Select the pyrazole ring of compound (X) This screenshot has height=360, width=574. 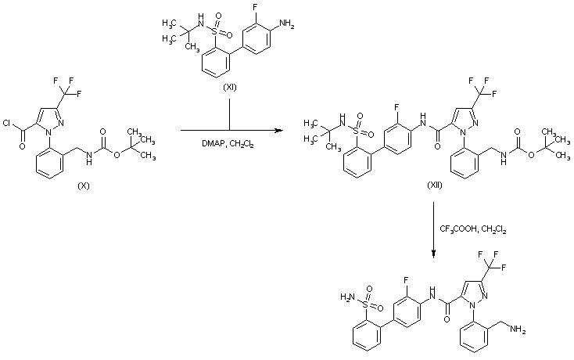point(69,114)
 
